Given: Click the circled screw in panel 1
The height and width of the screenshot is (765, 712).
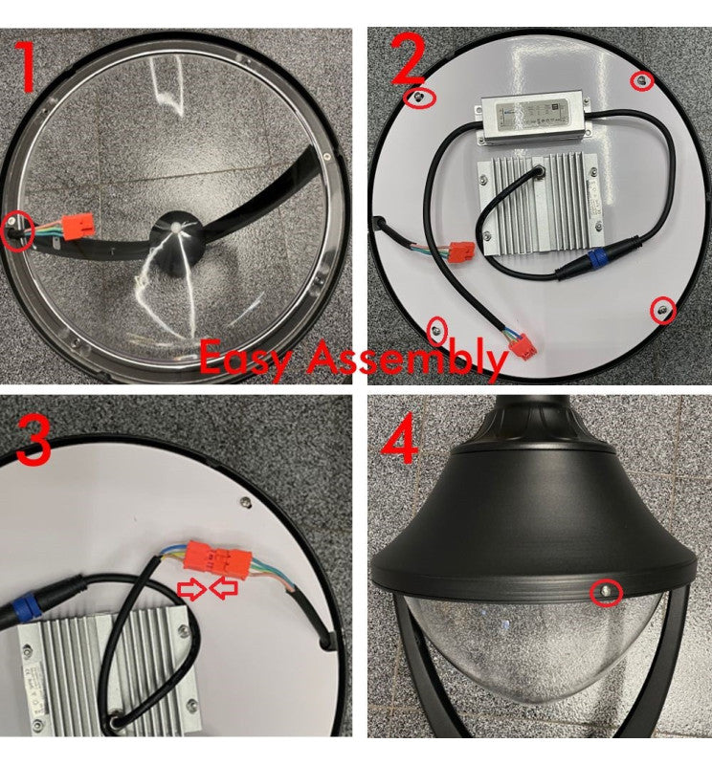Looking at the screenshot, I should [16, 228].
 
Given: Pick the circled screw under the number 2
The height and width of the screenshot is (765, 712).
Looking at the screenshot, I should [418, 97].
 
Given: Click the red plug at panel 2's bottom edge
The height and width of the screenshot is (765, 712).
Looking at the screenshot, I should [523, 349].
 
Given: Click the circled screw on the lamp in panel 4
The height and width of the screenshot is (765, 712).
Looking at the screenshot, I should [605, 593].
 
